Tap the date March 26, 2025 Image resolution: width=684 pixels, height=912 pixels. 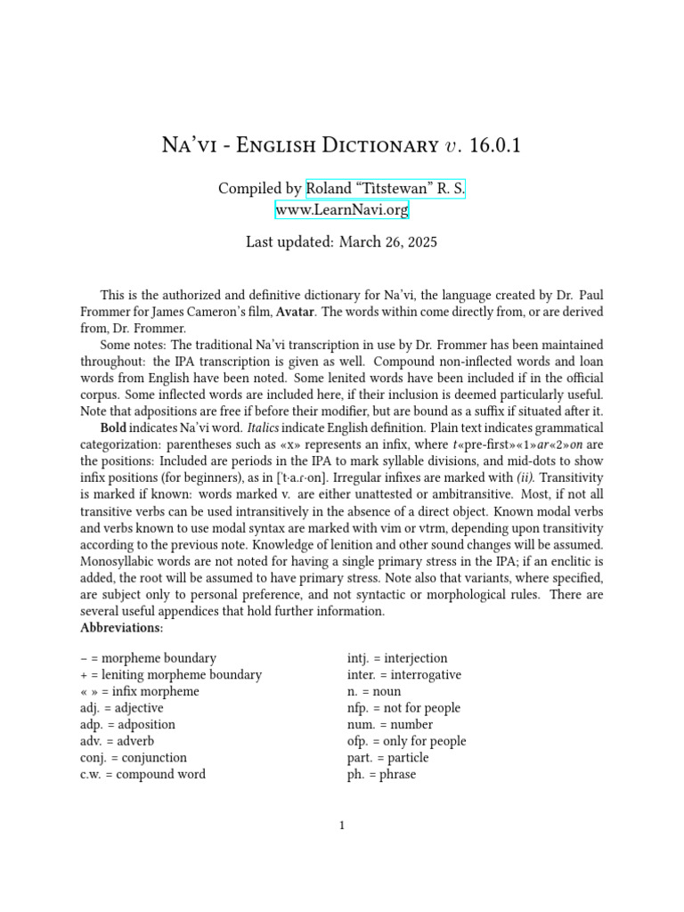[x=387, y=242]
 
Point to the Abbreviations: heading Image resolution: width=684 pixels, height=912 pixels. [x=122, y=628]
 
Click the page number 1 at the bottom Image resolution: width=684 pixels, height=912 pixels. [x=342, y=826]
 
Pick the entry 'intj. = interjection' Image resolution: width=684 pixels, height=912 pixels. [x=397, y=658]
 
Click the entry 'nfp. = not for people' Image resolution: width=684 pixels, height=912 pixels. [x=403, y=708]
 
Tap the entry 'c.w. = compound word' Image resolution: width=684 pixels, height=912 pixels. [x=142, y=774]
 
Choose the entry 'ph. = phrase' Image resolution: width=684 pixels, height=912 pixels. [x=381, y=774]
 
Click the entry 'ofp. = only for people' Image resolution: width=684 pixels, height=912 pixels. [x=406, y=741]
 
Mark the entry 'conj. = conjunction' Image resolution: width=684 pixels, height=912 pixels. [x=134, y=758]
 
